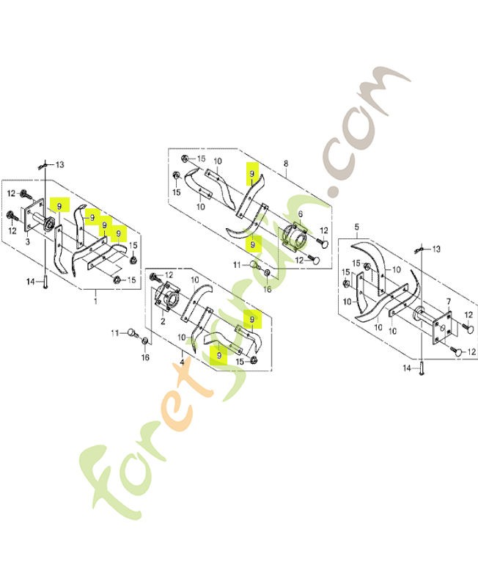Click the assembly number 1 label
pyautogui.click(x=95, y=301)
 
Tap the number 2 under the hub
pyautogui.click(x=163, y=321)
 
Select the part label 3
pyautogui.click(x=28, y=242)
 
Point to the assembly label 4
pyautogui.click(x=182, y=362)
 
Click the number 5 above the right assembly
pyautogui.click(x=356, y=227)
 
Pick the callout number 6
pyautogui.click(x=300, y=214)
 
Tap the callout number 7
pyautogui.click(x=449, y=301)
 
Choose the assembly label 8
pyautogui.click(x=286, y=164)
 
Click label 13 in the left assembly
pyautogui.click(x=59, y=164)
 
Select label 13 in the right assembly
pyautogui.click(x=436, y=249)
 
